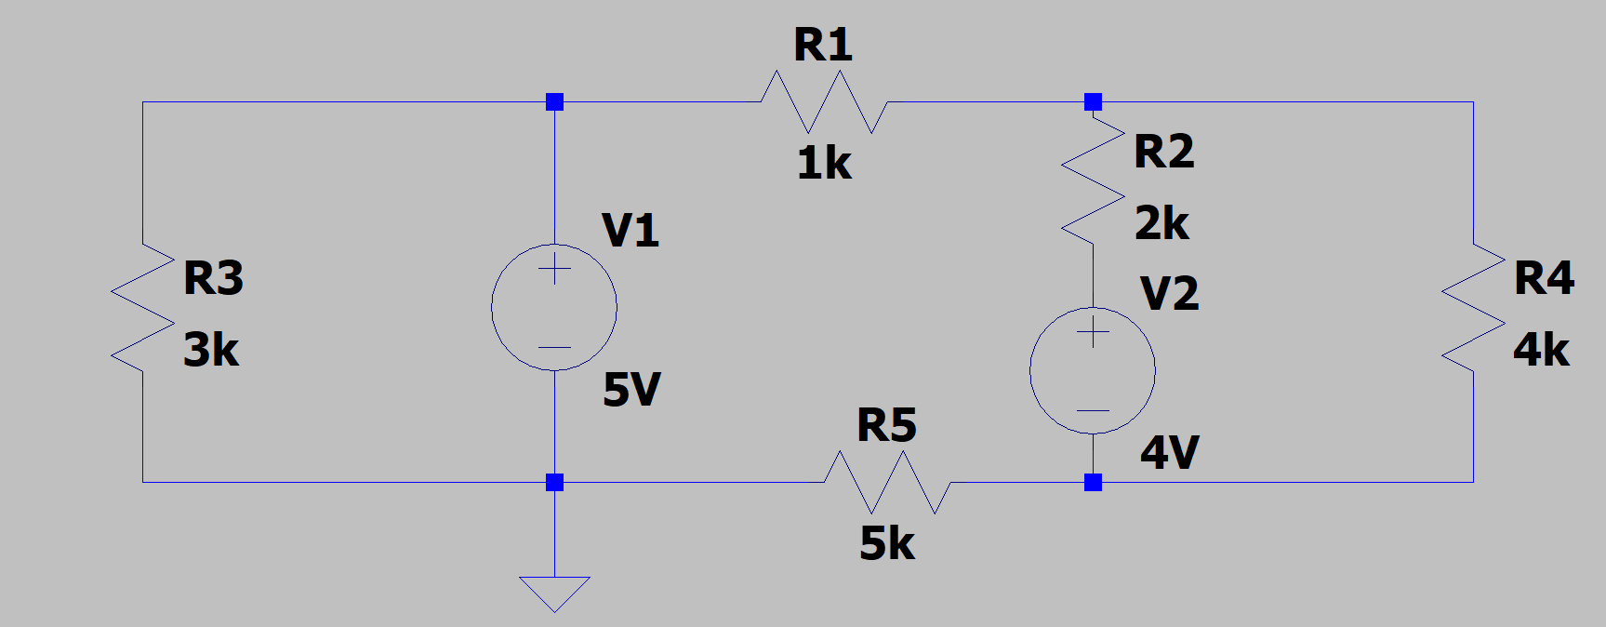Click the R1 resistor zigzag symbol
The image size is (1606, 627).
(824, 102)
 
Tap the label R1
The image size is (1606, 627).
(823, 46)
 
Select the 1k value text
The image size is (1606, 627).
(824, 164)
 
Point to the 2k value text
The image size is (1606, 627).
(1161, 223)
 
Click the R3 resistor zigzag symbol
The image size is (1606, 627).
(142, 308)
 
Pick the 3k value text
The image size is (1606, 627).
(211, 350)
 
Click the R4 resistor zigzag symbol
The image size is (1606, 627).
(1473, 308)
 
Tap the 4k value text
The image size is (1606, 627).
(1541, 350)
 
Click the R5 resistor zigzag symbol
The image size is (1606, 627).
(887, 482)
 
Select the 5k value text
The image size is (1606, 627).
(887, 543)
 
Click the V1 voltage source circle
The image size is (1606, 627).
(554, 307)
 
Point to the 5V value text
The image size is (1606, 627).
(631, 390)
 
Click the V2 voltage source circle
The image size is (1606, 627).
(1093, 370)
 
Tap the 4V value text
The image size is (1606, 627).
(1170, 453)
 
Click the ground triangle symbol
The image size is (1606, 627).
(554, 592)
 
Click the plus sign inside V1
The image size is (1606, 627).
(554, 270)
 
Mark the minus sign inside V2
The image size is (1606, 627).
(1093, 410)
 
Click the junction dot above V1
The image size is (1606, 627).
(554, 101)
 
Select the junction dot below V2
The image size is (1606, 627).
(1093, 482)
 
